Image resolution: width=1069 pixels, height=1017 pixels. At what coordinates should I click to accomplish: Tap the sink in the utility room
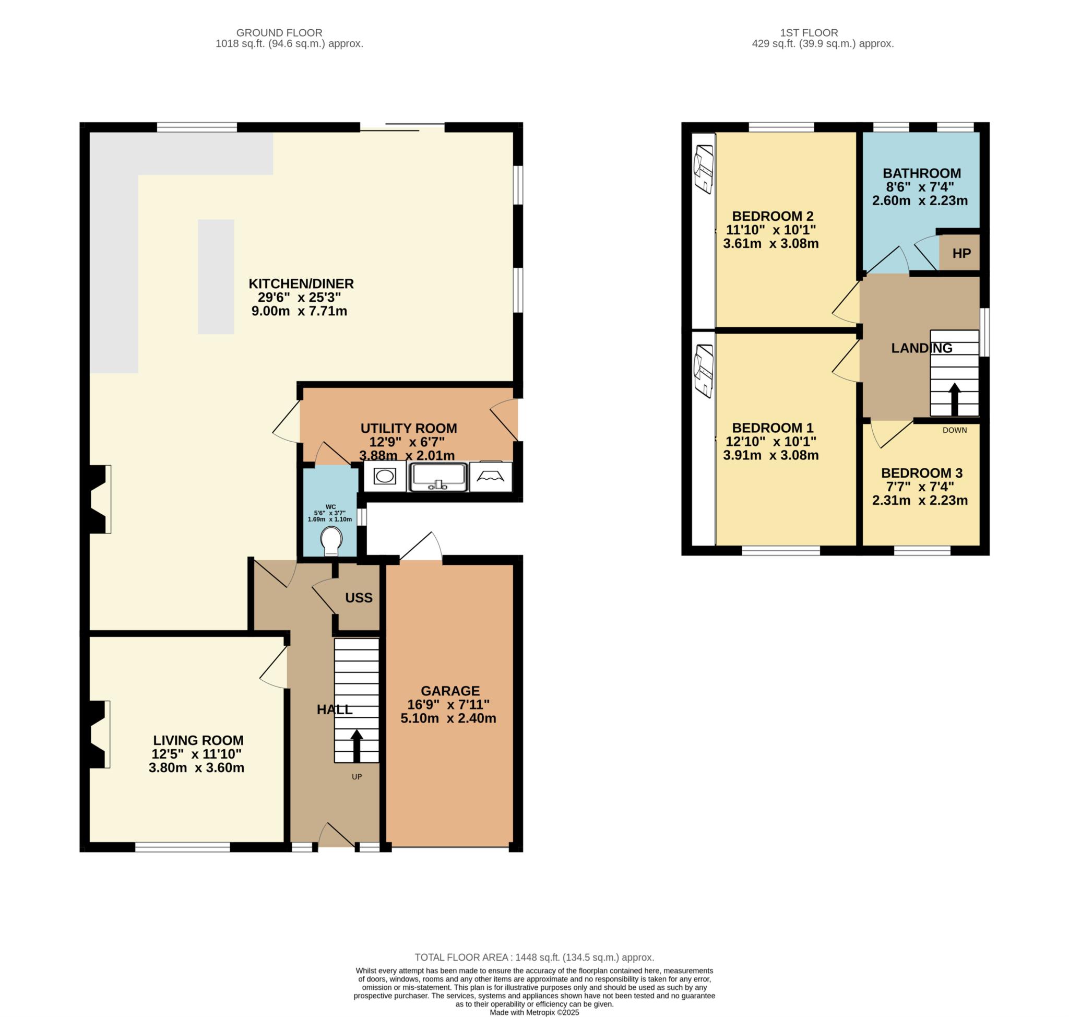(x=438, y=477)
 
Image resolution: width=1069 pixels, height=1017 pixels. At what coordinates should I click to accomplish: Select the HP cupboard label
(x=961, y=253)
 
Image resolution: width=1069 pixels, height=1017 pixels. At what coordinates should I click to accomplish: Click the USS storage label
(x=359, y=597)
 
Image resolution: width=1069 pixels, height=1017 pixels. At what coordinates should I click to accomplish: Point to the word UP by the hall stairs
(x=357, y=776)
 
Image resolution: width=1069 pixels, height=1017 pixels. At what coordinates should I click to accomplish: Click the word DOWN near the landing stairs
(x=955, y=430)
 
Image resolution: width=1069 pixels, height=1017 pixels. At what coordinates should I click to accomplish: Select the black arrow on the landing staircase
(x=954, y=399)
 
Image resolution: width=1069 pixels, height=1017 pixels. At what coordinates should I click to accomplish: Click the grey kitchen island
(x=216, y=277)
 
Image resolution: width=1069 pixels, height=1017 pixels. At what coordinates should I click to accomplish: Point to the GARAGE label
(x=450, y=691)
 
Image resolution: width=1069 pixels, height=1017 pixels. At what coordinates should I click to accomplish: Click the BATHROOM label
(x=922, y=173)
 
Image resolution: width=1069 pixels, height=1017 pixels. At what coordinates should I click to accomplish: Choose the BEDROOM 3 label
(x=922, y=472)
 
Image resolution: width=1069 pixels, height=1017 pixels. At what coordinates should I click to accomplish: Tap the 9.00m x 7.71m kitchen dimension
(x=299, y=311)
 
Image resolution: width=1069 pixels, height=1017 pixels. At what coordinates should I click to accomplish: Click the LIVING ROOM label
(x=198, y=740)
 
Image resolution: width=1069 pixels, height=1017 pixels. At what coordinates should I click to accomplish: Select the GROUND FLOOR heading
(x=279, y=32)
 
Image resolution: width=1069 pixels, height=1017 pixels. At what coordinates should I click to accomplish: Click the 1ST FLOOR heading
(x=809, y=32)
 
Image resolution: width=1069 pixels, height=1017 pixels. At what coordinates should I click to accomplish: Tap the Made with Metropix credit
(x=534, y=1012)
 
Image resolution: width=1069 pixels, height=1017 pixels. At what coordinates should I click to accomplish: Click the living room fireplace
(x=99, y=734)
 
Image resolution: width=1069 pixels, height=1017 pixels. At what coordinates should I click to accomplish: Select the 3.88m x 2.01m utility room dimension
(x=407, y=455)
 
